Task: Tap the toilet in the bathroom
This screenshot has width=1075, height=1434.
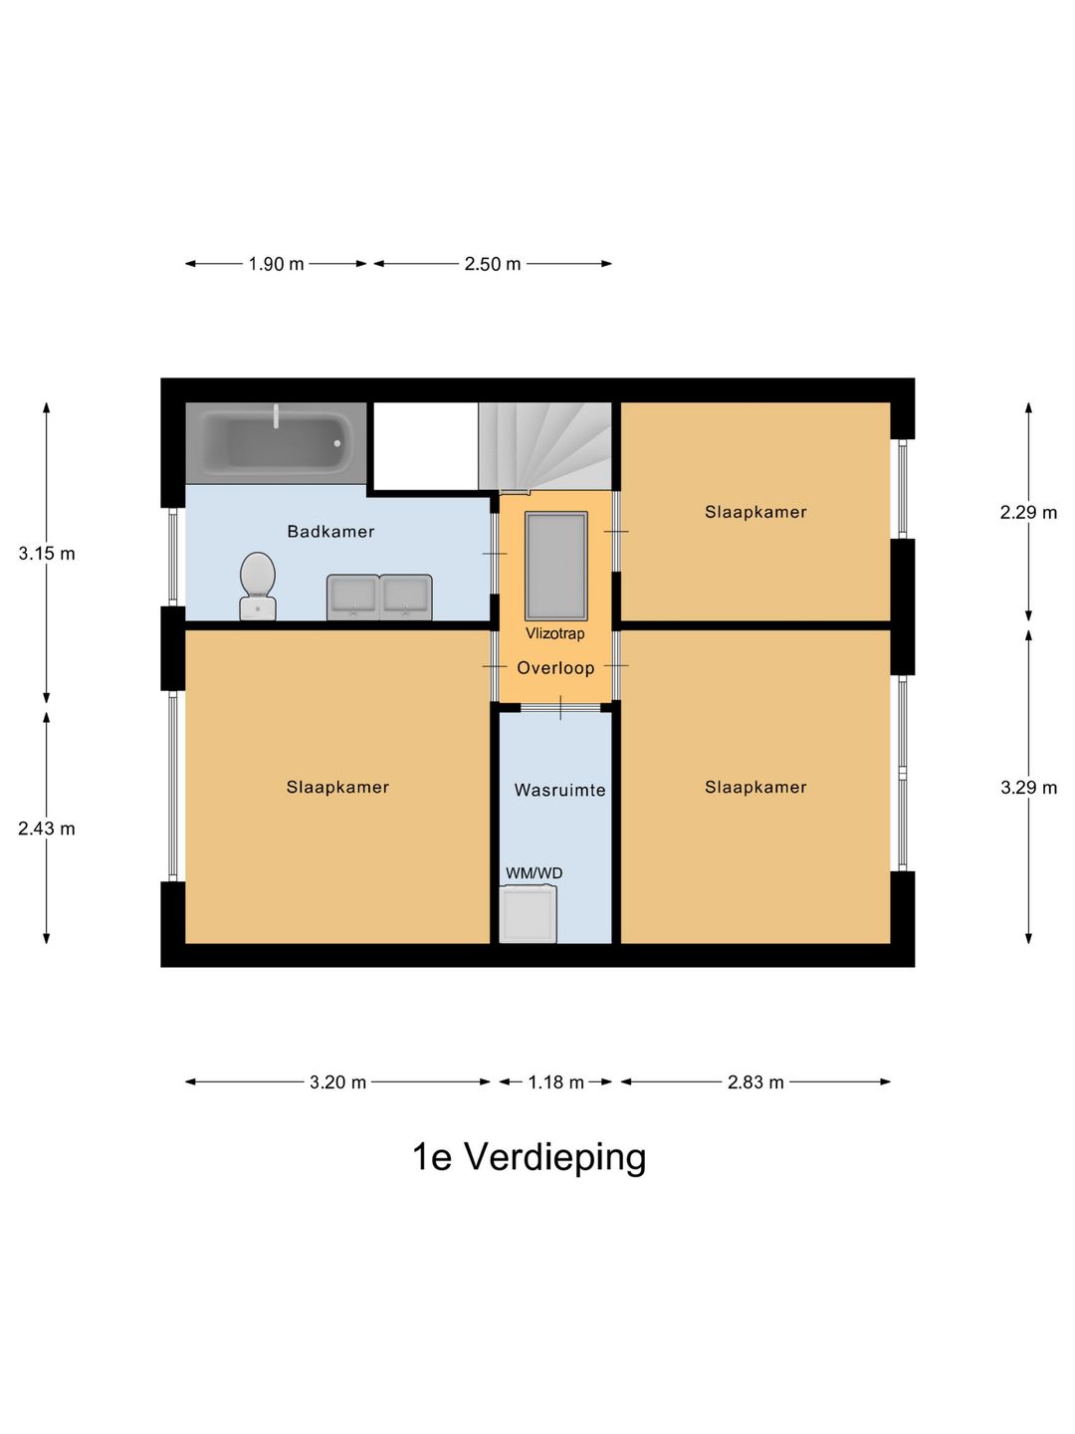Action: [258, 586]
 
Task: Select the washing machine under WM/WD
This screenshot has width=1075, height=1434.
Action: [528, 913]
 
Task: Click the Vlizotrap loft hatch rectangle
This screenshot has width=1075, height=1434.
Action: [555, 566]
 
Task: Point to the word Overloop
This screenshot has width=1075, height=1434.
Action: [555, 668]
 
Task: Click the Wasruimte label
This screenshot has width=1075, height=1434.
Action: [559, 790]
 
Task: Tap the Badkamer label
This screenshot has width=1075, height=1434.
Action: [330, 531]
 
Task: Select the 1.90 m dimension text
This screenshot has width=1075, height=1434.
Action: [276, 264]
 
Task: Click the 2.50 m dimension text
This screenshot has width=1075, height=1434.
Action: [493, 264]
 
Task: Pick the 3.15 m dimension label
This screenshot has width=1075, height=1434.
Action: [47, 554]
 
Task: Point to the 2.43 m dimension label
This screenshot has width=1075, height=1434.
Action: [47, 829]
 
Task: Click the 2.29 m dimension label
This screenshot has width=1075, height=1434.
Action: [1028, 512]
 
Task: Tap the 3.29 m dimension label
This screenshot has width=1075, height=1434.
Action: [1028, 787]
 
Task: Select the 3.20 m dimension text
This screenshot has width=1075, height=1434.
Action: [337, 1081]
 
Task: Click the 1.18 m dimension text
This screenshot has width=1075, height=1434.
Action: [555, 1081]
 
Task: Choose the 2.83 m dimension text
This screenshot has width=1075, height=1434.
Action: [755, 1081]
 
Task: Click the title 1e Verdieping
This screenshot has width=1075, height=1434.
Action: [529, 1157]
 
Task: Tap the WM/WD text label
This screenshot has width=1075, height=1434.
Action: [534, 873]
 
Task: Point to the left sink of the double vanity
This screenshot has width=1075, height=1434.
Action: [353, 597]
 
